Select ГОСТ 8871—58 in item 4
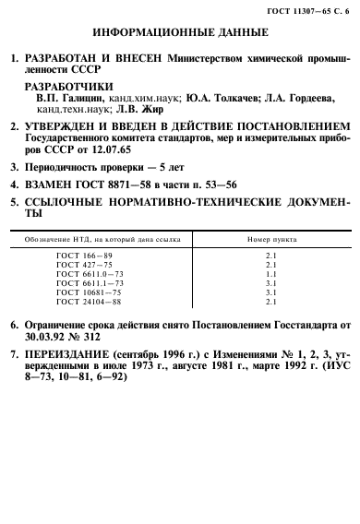pyautogui.click(x=101, y=185)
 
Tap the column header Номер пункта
pyautogui.click(x=270, y=240)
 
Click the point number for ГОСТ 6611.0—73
pyautogui.click(x=270, y=275)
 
